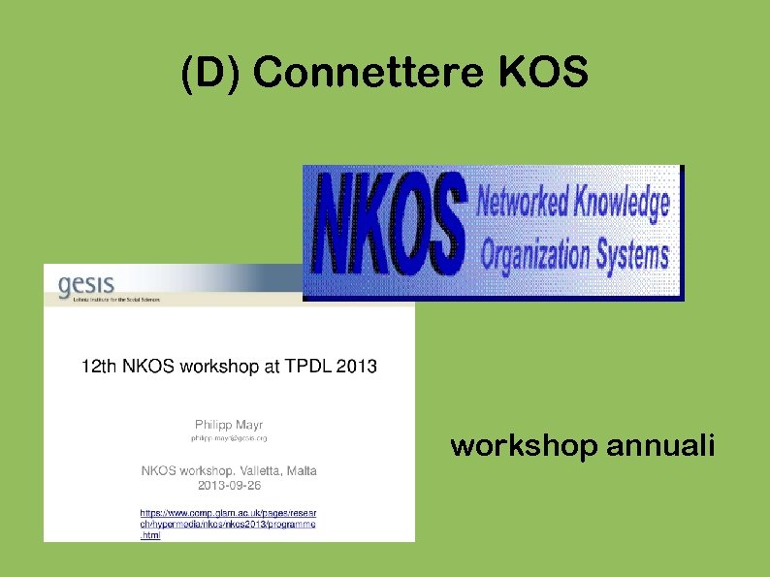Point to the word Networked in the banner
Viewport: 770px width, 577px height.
tap(521, 205)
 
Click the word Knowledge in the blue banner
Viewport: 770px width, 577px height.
tap(620, 203)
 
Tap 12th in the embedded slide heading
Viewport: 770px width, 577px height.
tap(97, 367)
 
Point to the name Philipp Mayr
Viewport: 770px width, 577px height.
tap(229, 424)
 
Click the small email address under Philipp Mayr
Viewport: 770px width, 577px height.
tap(229, 439)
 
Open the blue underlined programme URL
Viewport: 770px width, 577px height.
tap(228, 523)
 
